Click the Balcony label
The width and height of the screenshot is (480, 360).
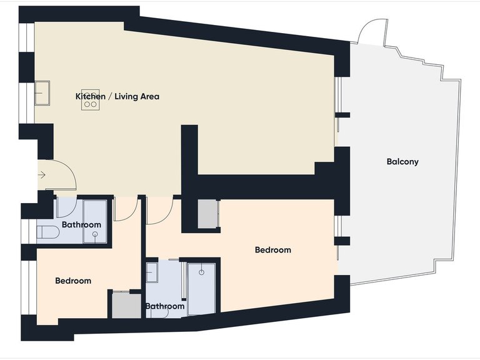coord(402,162)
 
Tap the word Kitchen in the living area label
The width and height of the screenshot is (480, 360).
coord(90,96)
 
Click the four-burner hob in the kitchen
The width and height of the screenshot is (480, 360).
coord(90,100)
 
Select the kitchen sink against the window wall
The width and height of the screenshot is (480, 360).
coord(42,92)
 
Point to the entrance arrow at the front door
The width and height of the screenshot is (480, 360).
coord(42,175)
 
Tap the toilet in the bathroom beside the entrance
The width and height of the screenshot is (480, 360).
coord(47,232)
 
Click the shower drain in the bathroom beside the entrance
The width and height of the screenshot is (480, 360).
coord(95,234)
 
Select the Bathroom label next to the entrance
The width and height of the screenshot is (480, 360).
coord(81,225)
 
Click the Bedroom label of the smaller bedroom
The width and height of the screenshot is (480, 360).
coord(73,281)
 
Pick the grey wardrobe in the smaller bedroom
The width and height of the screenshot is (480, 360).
coord(126,306)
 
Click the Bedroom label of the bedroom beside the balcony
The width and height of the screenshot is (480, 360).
coord(273,250)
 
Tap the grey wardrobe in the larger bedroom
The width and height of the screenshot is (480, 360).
coord(208,214)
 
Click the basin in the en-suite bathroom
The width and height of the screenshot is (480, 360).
coord(152,272)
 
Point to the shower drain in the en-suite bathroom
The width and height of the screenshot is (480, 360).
coord(201,272)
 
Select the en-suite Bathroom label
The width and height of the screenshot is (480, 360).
coord(165,306)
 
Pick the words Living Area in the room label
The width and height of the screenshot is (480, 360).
coord(137,96)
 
